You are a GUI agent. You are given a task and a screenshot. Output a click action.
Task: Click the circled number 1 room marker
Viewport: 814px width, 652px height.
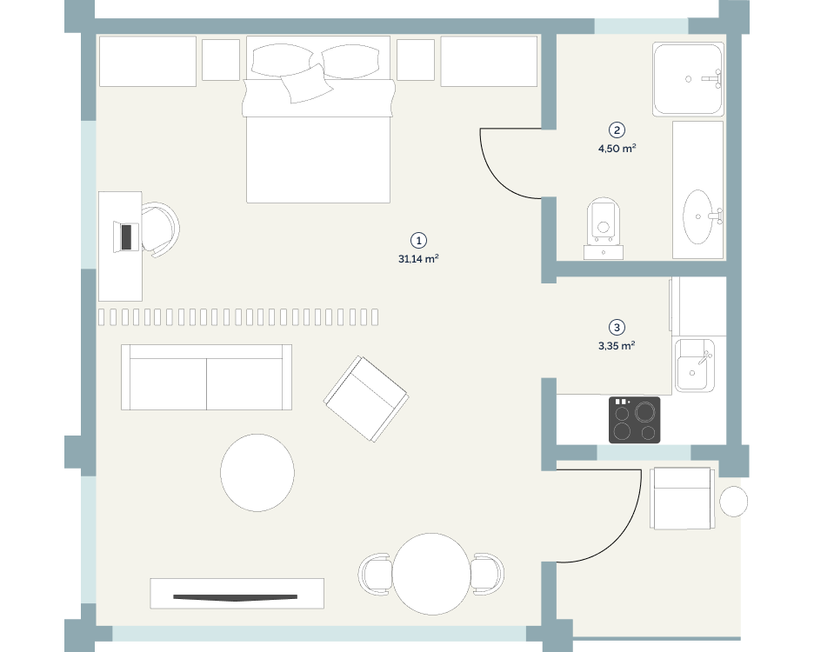[x=418, y=240]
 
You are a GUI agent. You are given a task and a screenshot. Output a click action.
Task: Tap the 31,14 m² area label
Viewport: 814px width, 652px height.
[x=418, y=258]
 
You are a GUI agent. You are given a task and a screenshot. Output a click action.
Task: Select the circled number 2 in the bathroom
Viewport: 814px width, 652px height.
[x=617, y=130]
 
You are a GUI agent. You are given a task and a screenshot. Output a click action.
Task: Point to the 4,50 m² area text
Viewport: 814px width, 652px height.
[x=617, y=149]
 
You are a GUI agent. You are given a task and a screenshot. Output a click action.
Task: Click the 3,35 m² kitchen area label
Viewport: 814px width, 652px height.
[x=617, y=346]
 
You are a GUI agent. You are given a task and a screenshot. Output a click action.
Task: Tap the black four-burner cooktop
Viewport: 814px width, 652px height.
[x=634, y=420]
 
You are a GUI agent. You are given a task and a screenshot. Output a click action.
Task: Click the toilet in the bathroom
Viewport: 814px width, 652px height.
[x=604, y=228]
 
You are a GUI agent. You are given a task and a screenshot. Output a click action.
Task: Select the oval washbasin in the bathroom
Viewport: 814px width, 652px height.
[x=697, y=216]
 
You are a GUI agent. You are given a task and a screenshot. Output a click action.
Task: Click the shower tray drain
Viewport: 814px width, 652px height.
[x=689, y=79]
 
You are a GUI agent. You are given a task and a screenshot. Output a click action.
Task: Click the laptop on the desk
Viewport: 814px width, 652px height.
[x=125, y=236]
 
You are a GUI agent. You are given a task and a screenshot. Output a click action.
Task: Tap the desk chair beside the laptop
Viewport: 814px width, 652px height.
[x=160, y=230]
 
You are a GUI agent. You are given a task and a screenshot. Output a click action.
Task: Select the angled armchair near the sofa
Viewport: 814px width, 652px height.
[x=366, y=399]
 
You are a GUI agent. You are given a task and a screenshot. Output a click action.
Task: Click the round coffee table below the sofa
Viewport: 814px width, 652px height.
[x=257, y=473]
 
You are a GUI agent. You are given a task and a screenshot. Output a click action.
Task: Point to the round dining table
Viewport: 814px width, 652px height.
[x=431, y=574]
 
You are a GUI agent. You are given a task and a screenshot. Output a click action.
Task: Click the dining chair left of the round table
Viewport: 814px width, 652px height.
[x=375, y=574]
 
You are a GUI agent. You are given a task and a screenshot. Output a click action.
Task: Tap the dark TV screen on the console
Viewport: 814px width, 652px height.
[x=235, y=597]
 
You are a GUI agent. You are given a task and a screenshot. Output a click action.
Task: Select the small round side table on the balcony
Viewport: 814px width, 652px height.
[x=733, y=502]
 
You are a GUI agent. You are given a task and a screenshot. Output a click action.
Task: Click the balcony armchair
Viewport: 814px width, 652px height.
[x=682, y=498]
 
